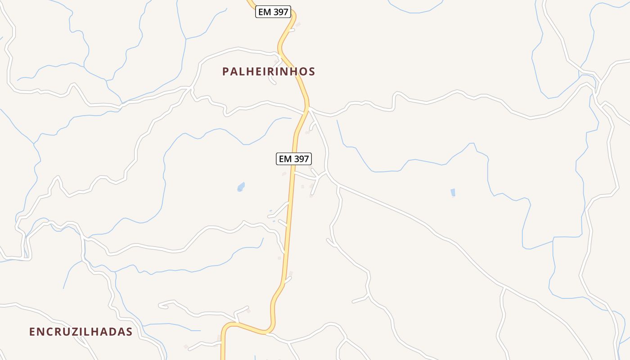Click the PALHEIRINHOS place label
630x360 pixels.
(x=269, y=72)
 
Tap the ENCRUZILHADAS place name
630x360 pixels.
(x=81, y=332)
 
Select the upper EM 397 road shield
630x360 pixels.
(x=273, y=12)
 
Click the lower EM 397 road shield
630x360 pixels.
(x=294, y=159)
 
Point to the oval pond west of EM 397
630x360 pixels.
(x=241, y=186)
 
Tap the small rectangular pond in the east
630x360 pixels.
(x=453, y=193)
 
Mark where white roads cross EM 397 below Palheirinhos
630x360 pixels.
(x=308, y=108)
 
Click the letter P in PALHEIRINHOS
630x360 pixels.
(x=226, y=72)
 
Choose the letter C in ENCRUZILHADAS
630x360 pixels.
(x=49, y=332)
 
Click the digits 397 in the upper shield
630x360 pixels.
(x=280, y=12)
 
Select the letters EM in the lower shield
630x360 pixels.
(x=285, y=159)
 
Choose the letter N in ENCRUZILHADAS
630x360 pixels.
(x=40, y=332)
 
